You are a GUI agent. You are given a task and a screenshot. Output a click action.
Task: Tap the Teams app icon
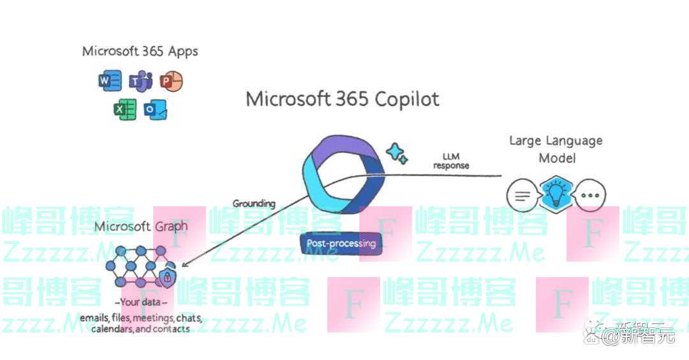[140, 82]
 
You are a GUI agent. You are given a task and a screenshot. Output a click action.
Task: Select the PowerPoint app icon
[170, 81]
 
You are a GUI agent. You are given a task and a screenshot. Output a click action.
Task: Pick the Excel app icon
[125, 110]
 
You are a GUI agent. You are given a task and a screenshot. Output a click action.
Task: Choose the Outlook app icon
[156, 110]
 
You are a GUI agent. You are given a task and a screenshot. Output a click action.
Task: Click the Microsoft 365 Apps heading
[140, 52]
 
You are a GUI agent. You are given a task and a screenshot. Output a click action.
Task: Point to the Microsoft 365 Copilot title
[343, 100]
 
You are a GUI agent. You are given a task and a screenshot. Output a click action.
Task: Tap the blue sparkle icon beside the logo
[397, 153]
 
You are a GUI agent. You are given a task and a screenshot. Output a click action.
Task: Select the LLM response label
[451, 161]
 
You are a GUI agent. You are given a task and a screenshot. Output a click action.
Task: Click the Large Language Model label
[555, 148]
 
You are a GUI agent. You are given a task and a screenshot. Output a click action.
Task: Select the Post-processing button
[341, 243]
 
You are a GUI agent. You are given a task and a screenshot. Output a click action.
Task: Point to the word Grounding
[253, 204]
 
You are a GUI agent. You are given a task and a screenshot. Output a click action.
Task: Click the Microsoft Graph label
[141, 227]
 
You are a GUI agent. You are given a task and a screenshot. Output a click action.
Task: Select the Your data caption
[141, 302]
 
